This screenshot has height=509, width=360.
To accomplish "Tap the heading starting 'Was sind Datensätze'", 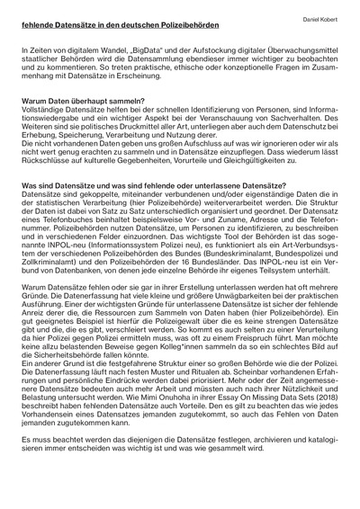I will (139, 186).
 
